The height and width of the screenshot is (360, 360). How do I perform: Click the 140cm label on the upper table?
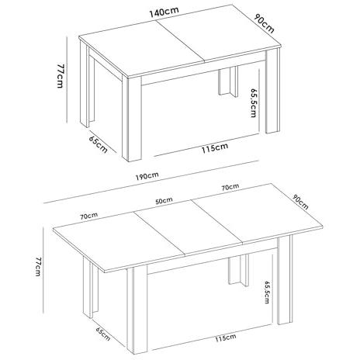pos(164,12)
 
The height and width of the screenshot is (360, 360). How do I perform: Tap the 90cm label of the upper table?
pos(264,24)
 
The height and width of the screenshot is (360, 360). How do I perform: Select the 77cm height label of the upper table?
pos(60,76)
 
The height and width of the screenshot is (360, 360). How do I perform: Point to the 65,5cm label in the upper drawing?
pos(254,103)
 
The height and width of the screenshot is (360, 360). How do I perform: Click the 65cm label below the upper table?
pos(98,144)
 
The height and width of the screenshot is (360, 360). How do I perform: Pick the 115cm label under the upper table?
pos(215,147)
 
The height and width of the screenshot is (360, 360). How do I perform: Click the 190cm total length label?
pos(147,176)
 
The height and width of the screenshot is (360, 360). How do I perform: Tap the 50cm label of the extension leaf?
pos(164,201)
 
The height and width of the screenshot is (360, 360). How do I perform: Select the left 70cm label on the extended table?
pos(88,216)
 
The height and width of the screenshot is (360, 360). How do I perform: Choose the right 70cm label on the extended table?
pos(230,187)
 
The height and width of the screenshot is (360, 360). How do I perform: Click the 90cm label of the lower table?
pos(300,202)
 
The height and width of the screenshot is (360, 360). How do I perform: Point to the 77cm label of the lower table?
pos(38,266)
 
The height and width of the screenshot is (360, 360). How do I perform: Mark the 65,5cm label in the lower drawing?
pos(267,292)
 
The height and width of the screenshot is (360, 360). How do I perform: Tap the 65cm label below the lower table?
pos(103,334)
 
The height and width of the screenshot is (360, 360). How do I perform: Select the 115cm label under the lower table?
pos(226,337)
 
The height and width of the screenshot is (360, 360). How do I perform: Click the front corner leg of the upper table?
pos(132,119)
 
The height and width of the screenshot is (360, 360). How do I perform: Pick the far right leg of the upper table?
pos(272,91)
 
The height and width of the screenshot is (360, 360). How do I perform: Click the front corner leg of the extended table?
pos(137,310)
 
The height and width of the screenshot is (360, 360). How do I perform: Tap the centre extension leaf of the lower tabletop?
pos(189,227)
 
